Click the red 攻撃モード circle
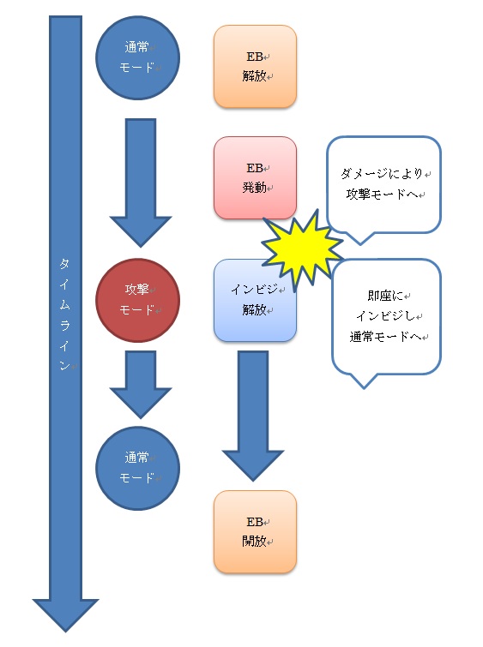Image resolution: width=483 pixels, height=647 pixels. click(x=137, y=300)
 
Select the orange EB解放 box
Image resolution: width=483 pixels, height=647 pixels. click(x=255, y=67)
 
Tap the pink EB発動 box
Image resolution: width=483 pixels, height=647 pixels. click(x=255, y=178)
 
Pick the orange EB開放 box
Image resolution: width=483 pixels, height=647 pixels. click(x=255, y=532)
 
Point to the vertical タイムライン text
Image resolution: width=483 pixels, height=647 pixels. click(x=64, y=314)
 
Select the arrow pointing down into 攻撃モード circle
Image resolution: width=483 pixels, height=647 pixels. click(x=141, y=183)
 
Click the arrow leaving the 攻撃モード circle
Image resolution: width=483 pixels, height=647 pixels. click(x=141, y=385)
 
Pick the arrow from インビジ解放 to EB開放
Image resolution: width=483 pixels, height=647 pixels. click(x=253, y=416)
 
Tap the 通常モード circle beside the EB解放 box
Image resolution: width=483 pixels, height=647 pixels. click(x=137, y=57)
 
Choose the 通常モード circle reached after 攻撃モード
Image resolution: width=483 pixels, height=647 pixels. click(x=137, y=468)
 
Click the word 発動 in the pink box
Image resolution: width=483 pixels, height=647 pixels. click(x=254, y=188)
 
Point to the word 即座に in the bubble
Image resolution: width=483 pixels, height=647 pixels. click(x=385, y=296)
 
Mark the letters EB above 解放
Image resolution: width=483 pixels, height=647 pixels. click(x=255, y=57)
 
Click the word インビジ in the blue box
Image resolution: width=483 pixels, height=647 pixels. click(x=255, y=290)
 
